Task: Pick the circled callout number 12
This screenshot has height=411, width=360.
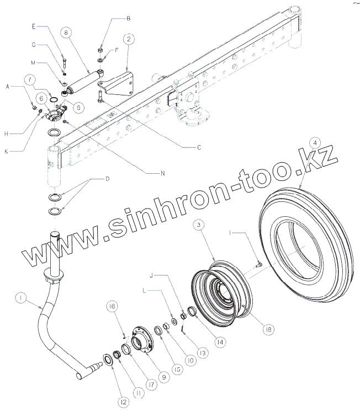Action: tap(123, 402)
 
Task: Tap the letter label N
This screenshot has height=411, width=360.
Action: tap(163, 172)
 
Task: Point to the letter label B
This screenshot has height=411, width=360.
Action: tap(129, 18)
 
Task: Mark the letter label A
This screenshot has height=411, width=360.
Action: tap(8, 87)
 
